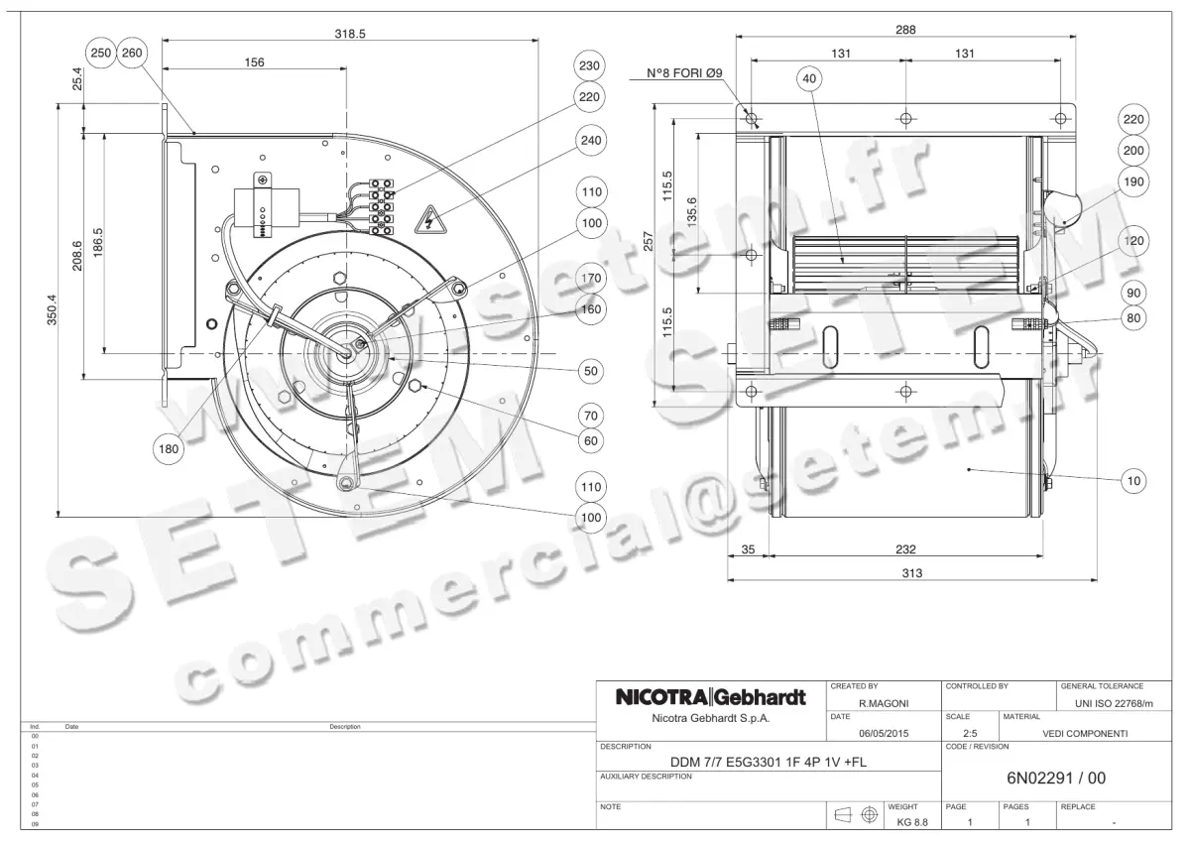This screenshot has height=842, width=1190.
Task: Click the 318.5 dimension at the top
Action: (x=350, y=33)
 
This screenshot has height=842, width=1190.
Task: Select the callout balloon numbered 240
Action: (x=591, y=142)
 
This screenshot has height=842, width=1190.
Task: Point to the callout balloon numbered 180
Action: (x=169, y=449)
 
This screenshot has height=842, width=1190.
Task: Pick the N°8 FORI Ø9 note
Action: (x=684, y=74)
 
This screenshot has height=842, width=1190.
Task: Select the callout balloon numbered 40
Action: (x=809, y=79)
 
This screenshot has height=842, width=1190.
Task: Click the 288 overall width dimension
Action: (x=904, y=31)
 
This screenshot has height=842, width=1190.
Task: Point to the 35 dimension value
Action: (x=748, y=548)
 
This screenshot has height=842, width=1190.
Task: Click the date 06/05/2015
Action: (x=883, y=734)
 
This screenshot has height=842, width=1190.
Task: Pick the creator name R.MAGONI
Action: (x=883, y=703)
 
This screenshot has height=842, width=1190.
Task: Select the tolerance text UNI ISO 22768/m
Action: (x=1115, y=703)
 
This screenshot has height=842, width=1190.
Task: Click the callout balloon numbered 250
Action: (x=101, y=55)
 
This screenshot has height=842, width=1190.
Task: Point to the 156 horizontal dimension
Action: (x=254, y=62)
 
